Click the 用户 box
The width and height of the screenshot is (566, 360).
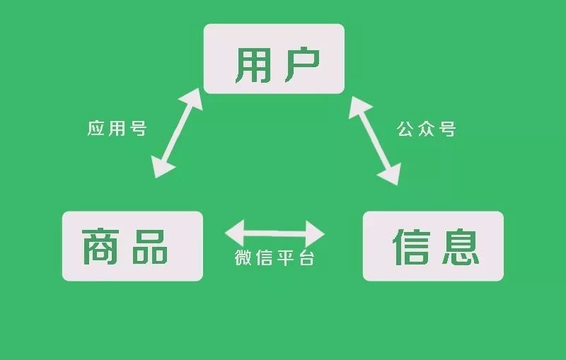(274, 59)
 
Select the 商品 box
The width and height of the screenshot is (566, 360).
(132, 245)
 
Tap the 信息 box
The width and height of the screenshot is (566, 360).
(433, 245)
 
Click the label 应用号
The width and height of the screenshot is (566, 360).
(117, 129)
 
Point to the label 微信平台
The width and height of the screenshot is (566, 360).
(275, 258)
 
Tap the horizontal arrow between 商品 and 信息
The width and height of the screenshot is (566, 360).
(275, 232)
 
